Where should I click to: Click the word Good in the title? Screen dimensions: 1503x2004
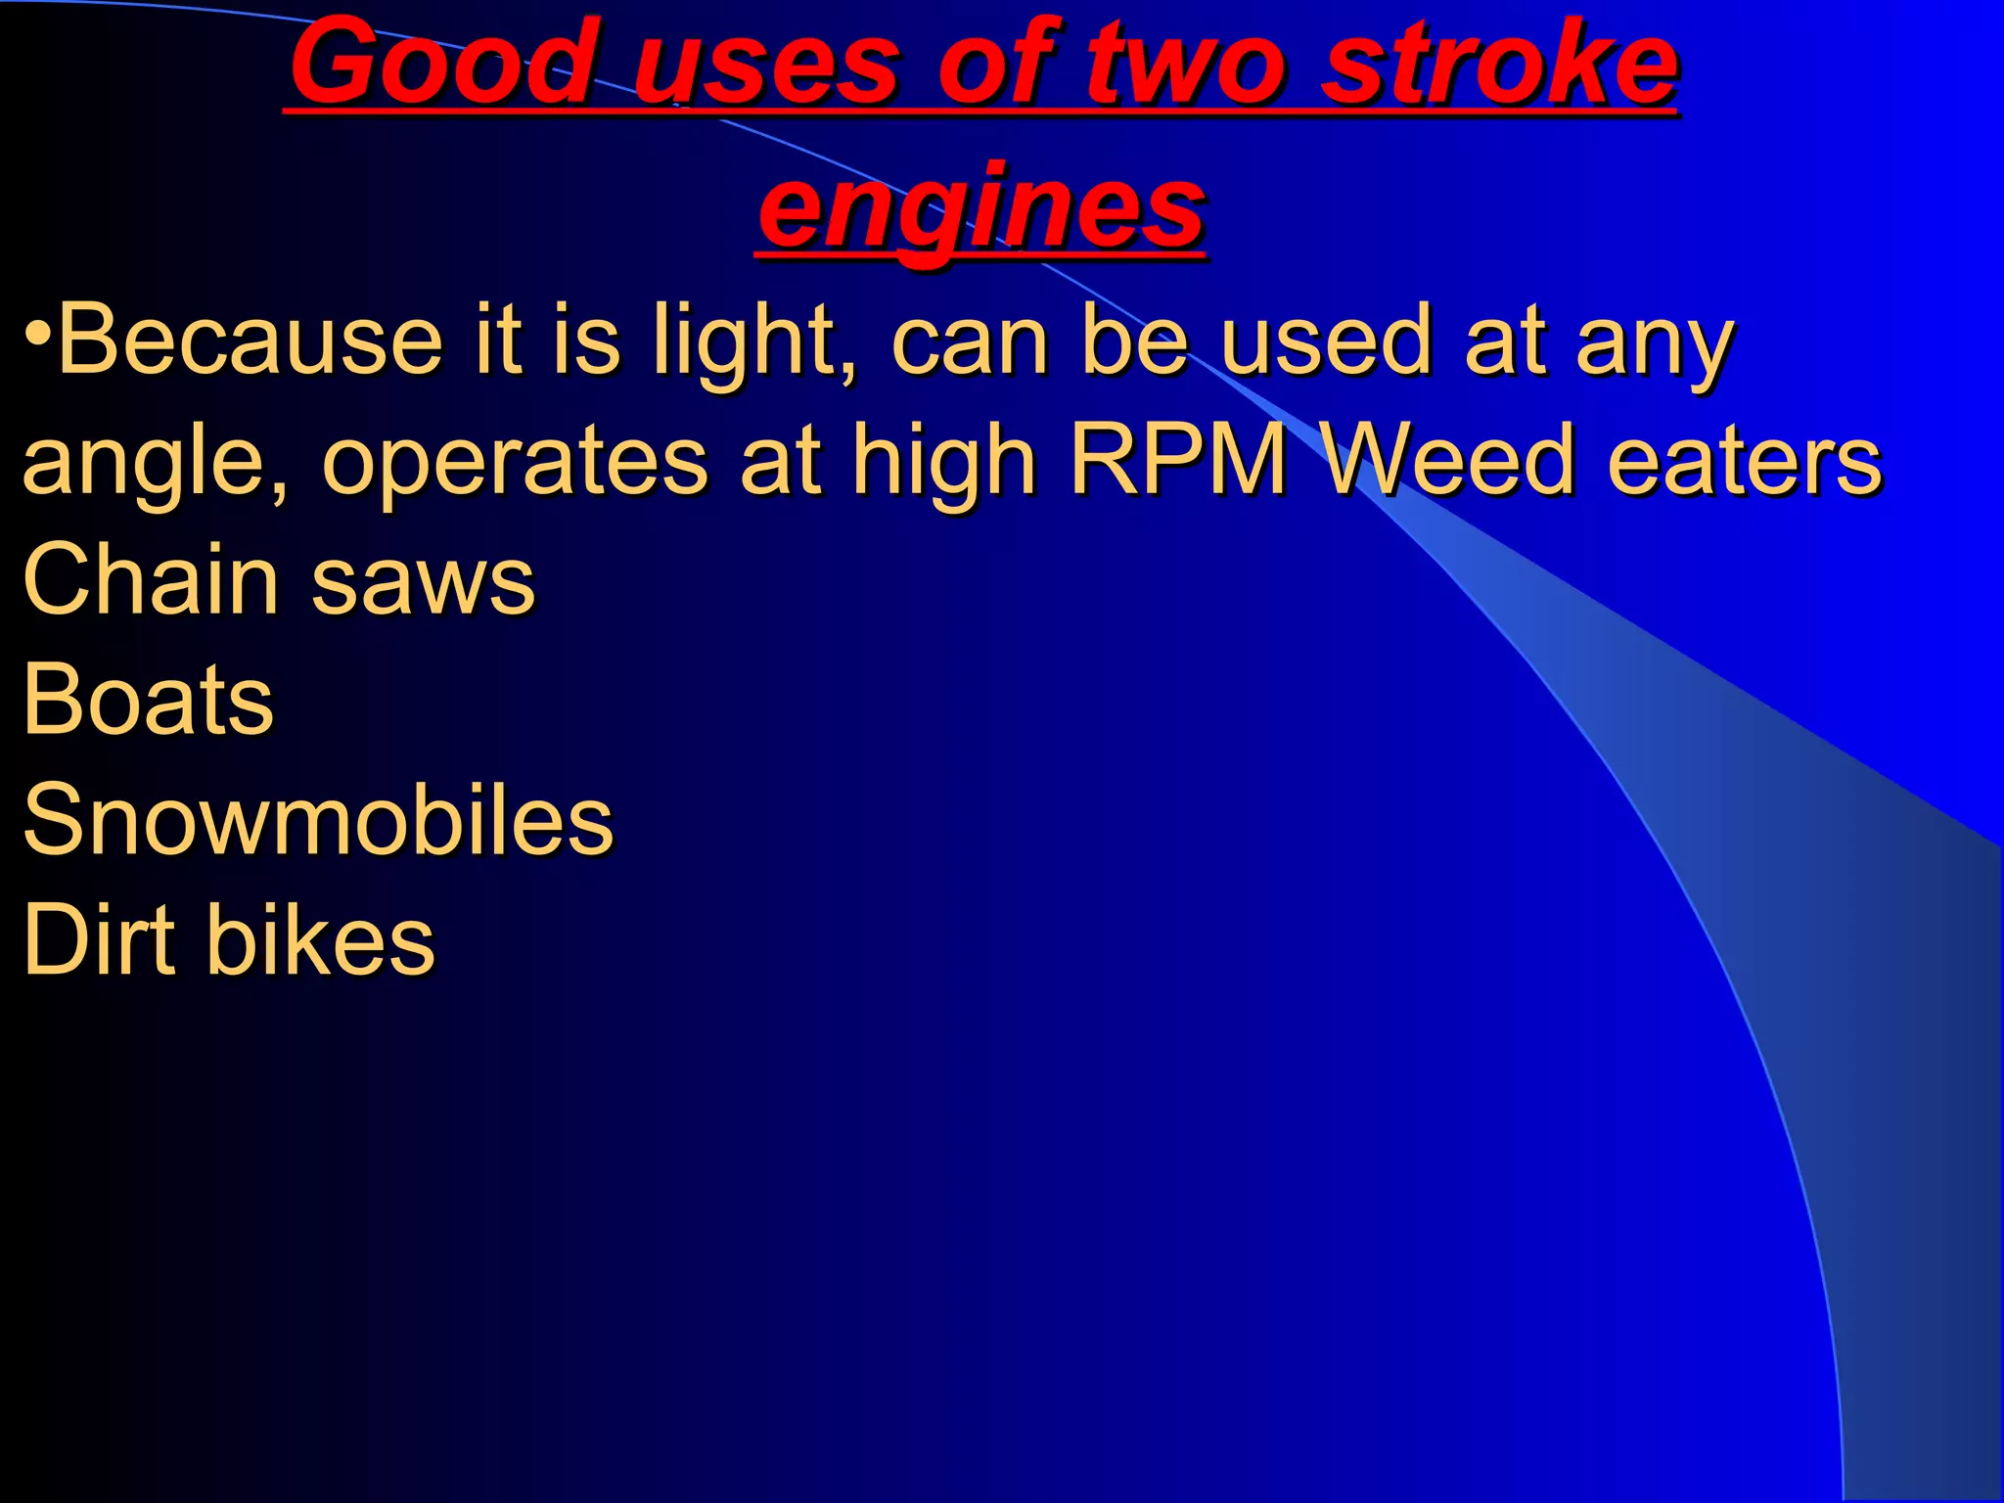(x=442, y=64)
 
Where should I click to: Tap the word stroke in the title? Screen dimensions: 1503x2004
(x=1499, y=64)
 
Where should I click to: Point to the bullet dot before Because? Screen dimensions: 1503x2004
(x=37, y=333)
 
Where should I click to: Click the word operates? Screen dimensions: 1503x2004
(x=515, y=460)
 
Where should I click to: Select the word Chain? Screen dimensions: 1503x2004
(x=151, y=579)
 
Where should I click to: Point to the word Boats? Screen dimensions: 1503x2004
(x=148, y=700)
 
